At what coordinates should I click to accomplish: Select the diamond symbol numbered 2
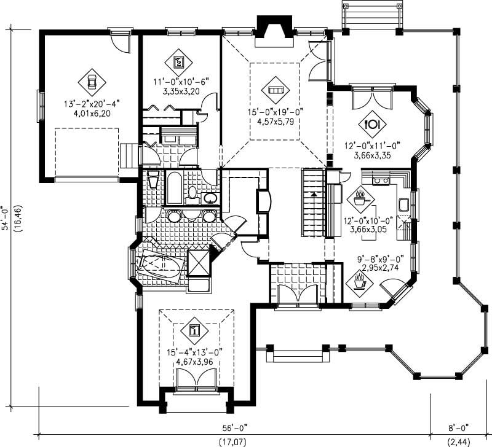(179, 61)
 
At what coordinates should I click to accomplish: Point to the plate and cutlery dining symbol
(373, 124)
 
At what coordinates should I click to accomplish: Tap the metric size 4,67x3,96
(194, 362)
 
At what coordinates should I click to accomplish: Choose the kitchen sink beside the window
(405, 204)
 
